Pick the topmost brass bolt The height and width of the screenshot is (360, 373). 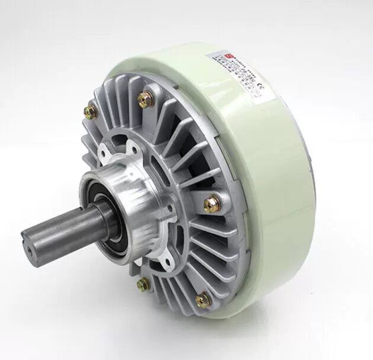(144, 98)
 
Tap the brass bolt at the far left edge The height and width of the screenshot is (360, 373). (91, 110)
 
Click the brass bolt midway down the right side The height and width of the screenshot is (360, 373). (210, 204)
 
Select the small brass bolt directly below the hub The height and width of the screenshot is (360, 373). (142, 285)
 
